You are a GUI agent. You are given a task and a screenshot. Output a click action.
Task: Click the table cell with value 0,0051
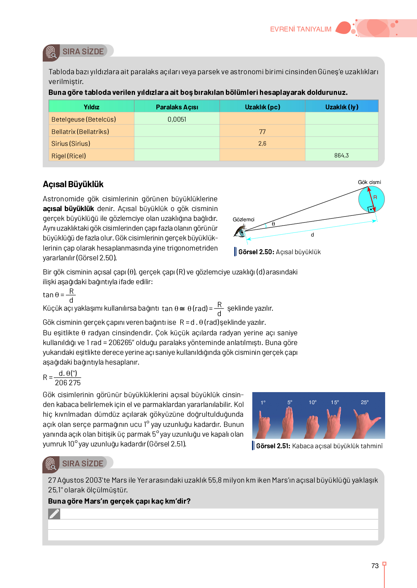(x=177, y=119)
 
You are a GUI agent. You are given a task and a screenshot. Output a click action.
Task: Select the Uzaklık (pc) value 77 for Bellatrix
(x=262, y=132)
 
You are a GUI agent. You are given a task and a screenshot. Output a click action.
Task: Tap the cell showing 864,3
(x=341, y=155)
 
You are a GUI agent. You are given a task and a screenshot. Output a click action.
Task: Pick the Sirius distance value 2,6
(x=262, y=143)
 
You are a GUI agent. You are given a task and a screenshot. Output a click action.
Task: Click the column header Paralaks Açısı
(x=177, y=107)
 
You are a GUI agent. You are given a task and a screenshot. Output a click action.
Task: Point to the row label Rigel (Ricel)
(x=69, y=156)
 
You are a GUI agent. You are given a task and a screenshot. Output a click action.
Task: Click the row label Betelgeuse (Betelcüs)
(x=84, y=119)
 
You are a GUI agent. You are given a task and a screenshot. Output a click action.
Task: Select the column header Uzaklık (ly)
(x=342, y=107)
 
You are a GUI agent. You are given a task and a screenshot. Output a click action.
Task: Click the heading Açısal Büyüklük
(x=73, y=184)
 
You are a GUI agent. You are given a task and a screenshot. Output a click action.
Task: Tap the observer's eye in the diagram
(x=240, y=231)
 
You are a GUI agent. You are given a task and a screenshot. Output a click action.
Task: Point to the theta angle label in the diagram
(x=273, y=224)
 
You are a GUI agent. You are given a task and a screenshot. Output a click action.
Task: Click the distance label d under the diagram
(x=312, y=235)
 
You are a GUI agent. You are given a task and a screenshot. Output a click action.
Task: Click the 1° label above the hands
(x=263, y=402)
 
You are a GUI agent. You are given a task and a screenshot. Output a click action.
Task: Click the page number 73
(x=375, y=566)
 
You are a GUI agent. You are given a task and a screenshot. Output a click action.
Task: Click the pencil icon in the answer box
(x=54, y=514)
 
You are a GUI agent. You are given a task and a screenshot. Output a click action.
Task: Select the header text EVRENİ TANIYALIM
(x=300, y=29)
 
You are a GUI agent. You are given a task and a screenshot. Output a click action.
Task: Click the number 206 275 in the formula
(x=68, y=383)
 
